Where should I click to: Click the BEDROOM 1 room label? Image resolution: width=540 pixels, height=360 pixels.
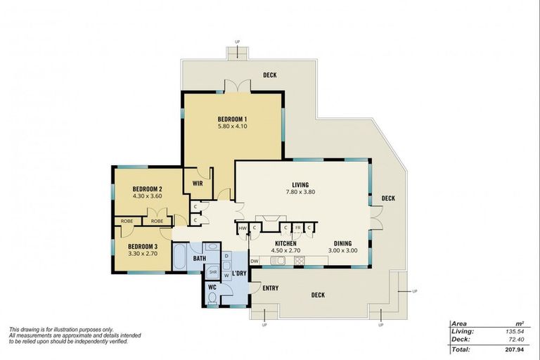pos(232,119)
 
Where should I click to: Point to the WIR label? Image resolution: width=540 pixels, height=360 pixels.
pos(198,185)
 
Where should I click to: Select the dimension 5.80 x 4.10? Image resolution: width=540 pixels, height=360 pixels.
pos(232,127)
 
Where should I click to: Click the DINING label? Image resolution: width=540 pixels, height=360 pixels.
pos(342,242)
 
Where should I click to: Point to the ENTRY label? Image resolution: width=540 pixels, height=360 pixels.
pos(270,288)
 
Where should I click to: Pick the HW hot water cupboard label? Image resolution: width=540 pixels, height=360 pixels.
pos(243,228)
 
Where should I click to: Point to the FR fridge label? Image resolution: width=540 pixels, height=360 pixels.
pos(297,228)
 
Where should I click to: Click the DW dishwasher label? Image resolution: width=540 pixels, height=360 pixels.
pos(255,261)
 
